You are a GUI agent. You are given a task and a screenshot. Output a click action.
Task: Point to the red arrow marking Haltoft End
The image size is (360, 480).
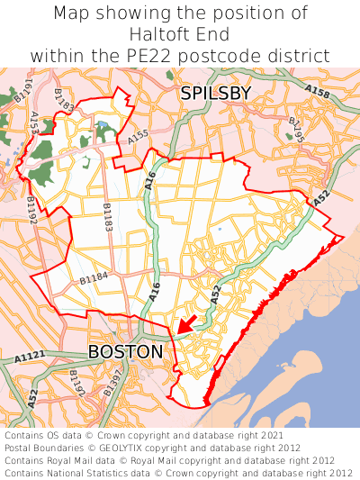coord(186,323)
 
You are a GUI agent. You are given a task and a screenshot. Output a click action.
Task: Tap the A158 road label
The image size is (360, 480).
coord(317,92)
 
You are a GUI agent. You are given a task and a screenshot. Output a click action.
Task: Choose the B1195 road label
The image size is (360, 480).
coord(295,129)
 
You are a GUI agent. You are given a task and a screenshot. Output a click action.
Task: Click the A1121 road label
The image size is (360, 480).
coord(30,358)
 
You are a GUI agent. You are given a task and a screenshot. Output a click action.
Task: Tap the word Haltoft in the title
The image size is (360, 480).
coord(158,35)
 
